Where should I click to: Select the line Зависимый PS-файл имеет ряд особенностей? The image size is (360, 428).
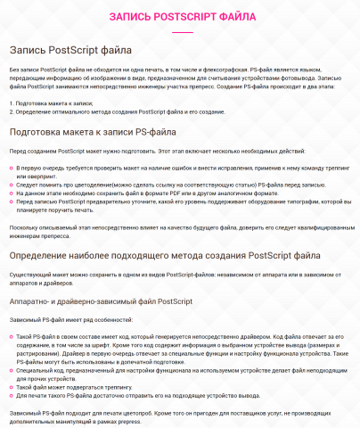[71, 318]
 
